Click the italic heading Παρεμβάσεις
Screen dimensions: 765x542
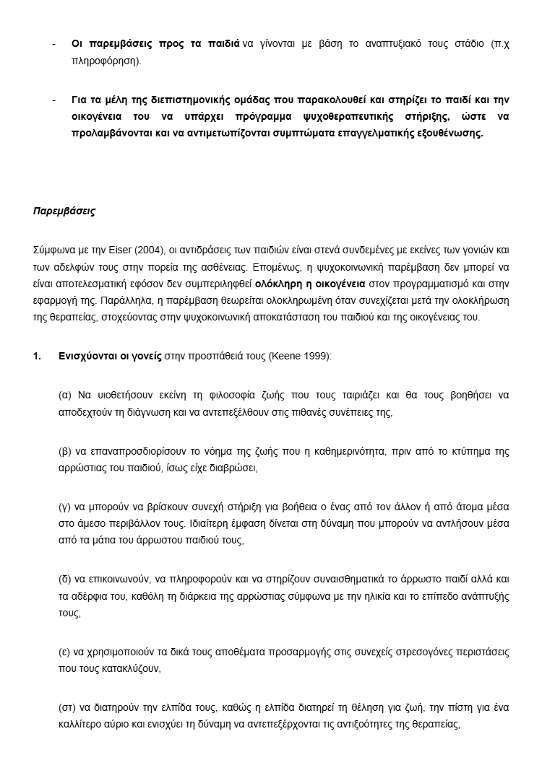pos(64,211)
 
